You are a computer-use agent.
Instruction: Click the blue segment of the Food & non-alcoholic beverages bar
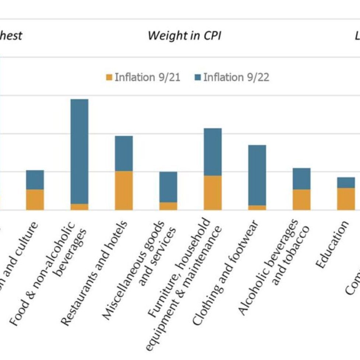(79, 151)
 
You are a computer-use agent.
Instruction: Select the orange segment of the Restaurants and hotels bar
(124, 190)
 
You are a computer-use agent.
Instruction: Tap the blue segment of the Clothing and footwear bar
(257, 175)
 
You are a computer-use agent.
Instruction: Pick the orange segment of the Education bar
(346, 199)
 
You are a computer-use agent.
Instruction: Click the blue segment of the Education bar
(346, 183)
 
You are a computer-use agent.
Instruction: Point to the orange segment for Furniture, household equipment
(212, 193)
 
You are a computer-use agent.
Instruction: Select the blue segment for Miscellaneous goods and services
(168, 187)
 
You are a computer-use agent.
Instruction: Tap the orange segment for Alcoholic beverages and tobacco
(301, 200)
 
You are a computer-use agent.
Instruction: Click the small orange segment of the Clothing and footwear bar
(257, 208)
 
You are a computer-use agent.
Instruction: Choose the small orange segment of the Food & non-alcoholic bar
(79, 207)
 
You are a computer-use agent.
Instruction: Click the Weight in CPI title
(184, 36)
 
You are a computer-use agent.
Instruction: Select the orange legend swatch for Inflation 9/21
(109, 77)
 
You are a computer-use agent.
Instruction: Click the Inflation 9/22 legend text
(236, 77)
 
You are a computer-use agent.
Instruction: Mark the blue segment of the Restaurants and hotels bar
(124, 153)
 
